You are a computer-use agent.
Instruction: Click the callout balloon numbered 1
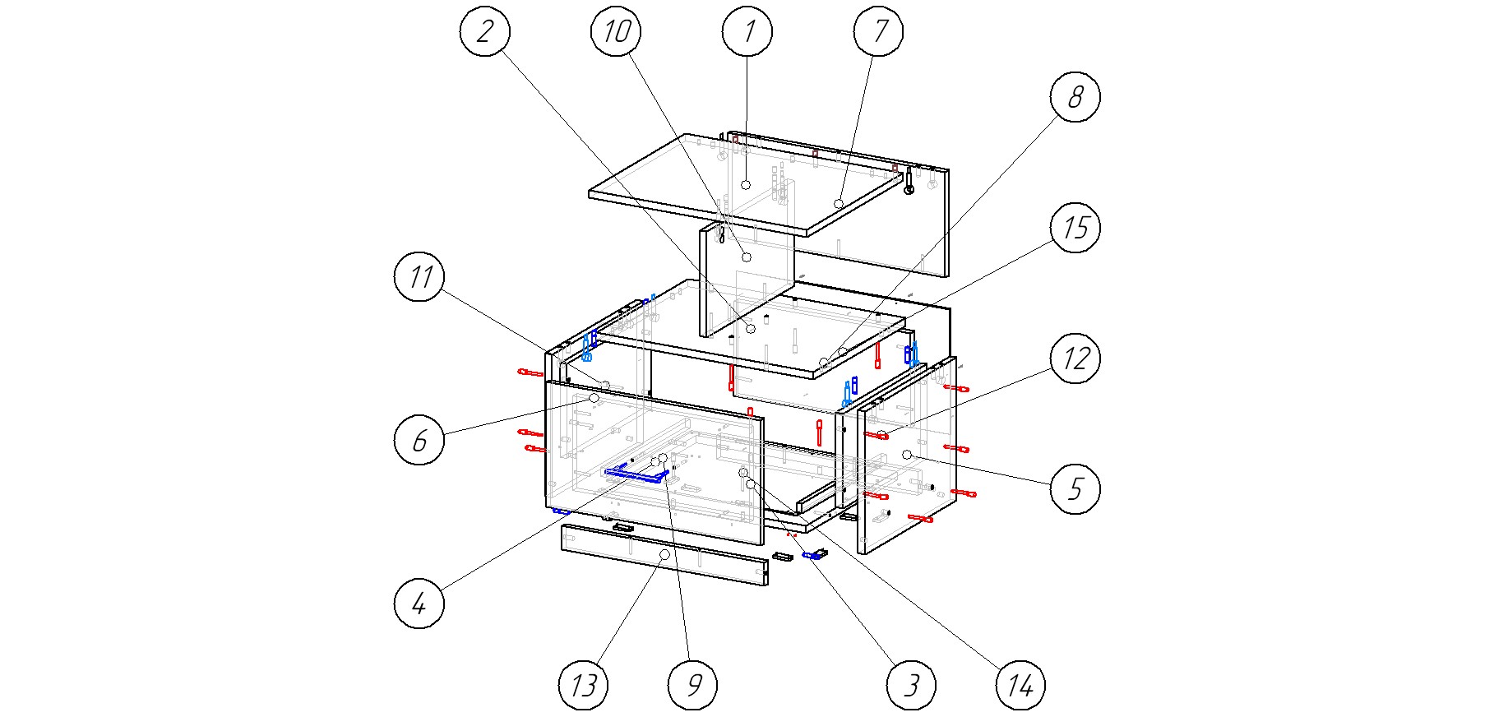click(x=747, y=31)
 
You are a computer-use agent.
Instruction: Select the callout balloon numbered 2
click(x=484, y=31)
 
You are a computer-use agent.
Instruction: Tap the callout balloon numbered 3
click(x=911, y=684)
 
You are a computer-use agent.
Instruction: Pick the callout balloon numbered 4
click(x=419, y=603)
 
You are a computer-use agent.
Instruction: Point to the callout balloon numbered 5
click(x=1075, y=489)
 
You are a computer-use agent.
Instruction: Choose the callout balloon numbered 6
click(x=419, y=440)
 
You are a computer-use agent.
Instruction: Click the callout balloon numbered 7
click(x=878, y=31)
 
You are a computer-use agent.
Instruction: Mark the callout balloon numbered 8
click(x=1075, y=97)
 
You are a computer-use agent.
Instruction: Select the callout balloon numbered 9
click(x=692, y=684)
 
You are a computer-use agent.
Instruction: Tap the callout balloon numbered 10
click(x=616, y=31)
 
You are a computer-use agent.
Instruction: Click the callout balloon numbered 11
click(x=419, y=276)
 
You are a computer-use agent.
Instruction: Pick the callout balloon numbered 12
click(x=1075, y=358)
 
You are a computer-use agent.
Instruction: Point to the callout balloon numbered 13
click(x=583, y=684)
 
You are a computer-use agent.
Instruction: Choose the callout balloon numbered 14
click(x=1020, y=684)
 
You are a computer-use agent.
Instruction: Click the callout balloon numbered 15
click(x=1075, y=228)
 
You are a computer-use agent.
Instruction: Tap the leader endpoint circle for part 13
click(x=664, y=556)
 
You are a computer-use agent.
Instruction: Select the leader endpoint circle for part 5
click(x=907, y=455)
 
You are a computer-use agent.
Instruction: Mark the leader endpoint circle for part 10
click(x=747, y=257)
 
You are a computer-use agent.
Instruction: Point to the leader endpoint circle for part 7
click(x=840, y=203)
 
